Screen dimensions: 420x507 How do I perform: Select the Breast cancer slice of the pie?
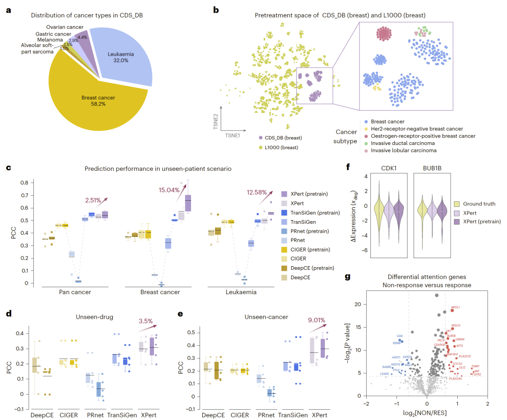point(99,101)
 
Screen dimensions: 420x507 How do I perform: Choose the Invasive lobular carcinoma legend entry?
point(404,151)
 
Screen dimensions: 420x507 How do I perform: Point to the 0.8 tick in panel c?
point(29,182)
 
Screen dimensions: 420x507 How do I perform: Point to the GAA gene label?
point(400,336)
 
